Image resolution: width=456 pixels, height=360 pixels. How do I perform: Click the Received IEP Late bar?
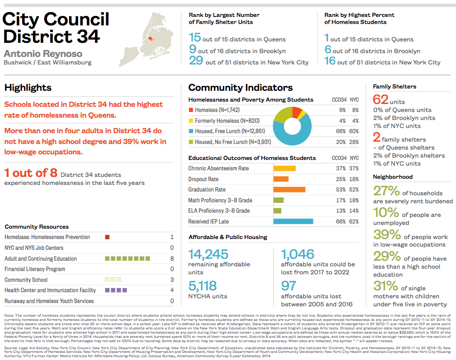[293, 221]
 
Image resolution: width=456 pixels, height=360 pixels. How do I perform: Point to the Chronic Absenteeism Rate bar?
[284, 168]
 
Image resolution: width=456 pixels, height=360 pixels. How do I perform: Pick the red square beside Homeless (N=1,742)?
[191, 110]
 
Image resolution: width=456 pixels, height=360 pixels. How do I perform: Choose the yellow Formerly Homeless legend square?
[191, 120]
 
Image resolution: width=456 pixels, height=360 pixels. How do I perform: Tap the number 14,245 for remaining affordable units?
[209, 255]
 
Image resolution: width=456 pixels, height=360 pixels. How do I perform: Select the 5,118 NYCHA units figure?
[203, 286]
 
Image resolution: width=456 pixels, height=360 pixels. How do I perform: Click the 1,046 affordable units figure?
[298, 255]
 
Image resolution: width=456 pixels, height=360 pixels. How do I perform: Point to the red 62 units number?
[380, 100]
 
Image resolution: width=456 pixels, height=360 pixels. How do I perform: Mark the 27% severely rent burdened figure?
[386, 191]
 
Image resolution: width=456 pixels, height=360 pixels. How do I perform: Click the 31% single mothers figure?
[386, 286]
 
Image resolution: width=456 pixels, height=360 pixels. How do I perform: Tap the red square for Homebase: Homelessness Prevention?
[107, 237]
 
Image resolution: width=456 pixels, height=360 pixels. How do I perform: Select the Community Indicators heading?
[240, 88]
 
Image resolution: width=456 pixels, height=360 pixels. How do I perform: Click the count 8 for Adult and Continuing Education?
[172, 259]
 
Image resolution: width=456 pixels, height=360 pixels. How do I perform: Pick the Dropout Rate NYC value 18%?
[354, 179]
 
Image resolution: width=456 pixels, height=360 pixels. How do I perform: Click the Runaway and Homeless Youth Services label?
[49, 301]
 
